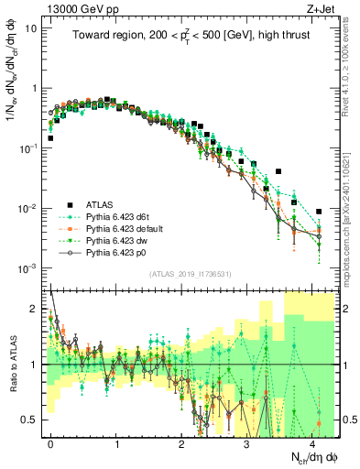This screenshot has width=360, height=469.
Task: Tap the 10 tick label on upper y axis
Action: (32, 27)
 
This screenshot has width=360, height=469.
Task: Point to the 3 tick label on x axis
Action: (246, 442)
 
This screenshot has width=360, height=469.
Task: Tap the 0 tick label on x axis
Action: (50, 442)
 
